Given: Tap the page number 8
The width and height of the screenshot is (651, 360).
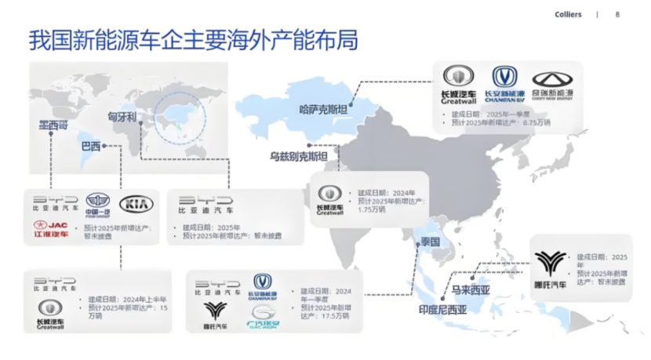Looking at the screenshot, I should pos(617,14).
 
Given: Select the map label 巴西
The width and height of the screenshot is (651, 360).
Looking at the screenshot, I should pos(91,146).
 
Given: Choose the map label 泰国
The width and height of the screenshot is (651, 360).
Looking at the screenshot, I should pos(430,242).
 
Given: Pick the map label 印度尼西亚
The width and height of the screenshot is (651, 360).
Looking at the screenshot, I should pos(440,310).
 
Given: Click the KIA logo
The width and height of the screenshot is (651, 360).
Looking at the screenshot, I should pos(136,204).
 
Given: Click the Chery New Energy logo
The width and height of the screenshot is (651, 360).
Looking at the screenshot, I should pos(552,84).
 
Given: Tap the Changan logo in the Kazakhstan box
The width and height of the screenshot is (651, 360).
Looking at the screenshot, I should pos(504,84).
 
